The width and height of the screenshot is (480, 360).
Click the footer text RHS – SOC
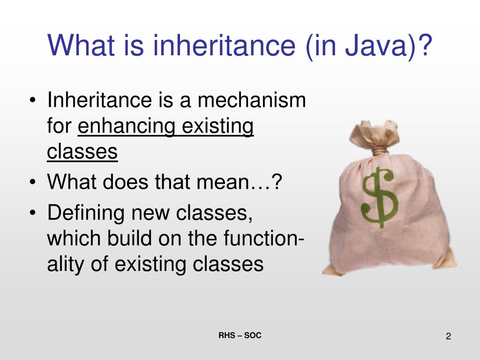coord(240,336)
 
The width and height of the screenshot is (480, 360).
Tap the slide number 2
coord(448,337)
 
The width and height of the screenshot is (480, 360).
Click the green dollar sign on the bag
coord(380,197)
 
